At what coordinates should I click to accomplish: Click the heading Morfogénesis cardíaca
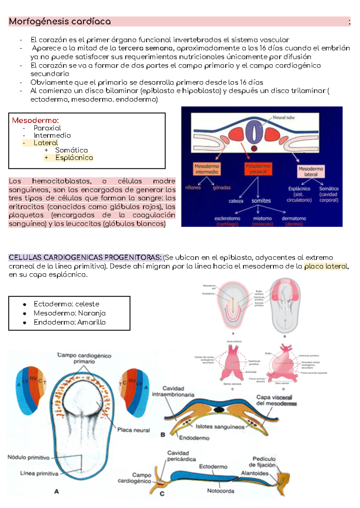60,22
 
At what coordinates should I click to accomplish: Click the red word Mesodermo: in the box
35,121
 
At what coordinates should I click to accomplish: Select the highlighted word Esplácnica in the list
74,158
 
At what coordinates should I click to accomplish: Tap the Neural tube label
283,118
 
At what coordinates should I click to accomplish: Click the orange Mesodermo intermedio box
207,169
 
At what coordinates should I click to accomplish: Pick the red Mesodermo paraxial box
258,169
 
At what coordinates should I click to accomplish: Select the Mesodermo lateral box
310,172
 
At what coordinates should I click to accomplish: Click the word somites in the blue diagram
261,201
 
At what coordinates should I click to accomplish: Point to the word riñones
193,188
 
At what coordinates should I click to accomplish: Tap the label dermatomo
294,218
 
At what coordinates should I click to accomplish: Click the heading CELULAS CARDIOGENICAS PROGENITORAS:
85,258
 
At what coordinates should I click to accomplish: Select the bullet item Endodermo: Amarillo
70,322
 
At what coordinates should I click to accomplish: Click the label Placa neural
133,430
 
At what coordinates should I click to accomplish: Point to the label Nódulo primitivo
28,458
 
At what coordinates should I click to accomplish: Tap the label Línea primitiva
39,474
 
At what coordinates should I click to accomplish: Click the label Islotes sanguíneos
220,427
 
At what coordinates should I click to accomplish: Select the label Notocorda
220,491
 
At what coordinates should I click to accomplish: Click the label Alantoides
255,473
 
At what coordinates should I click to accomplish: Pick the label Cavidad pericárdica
181,456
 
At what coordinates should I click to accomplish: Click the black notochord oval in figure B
219,409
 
